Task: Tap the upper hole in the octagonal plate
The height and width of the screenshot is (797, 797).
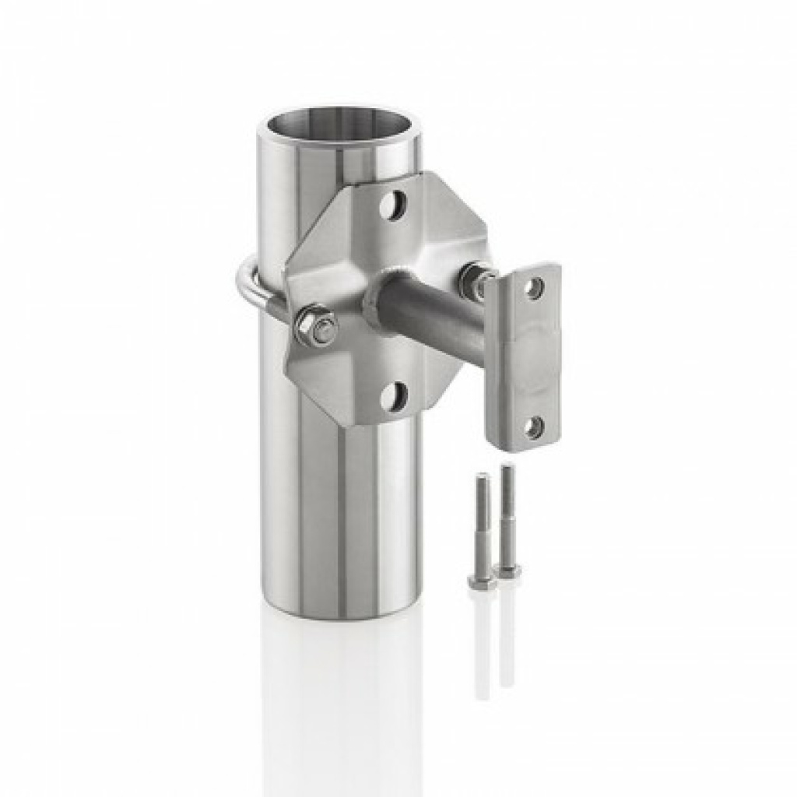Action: (x=394, y=205)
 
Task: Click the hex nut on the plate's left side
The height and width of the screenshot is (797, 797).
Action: (x=314, y=327)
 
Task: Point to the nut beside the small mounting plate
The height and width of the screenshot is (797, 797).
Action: (x=472, y=280)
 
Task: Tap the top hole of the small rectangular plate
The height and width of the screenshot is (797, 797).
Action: (x=533, y=289)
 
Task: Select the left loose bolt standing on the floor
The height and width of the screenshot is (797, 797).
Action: (x=482, y=529)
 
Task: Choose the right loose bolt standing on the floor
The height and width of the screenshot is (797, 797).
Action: (x=507, y=518)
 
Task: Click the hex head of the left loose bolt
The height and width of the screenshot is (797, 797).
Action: (x=481, y=581)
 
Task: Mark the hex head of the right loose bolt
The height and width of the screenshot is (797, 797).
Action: (x=507, y=571)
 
